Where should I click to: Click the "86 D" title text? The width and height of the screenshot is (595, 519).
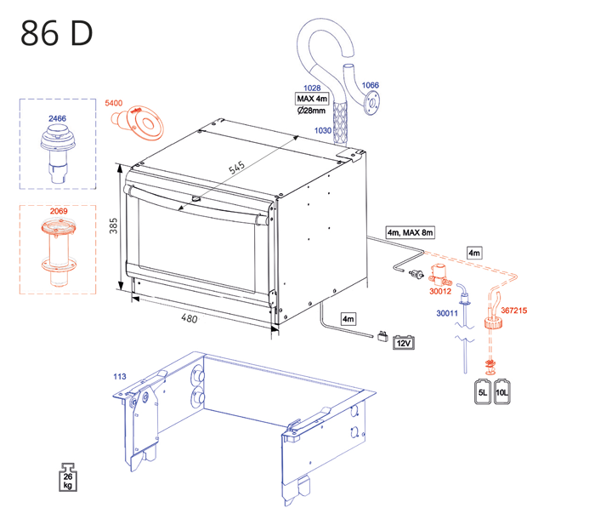click(57, 33)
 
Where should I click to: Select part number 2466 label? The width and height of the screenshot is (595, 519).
click(57, 118)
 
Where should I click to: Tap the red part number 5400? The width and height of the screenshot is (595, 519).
click(114, 103)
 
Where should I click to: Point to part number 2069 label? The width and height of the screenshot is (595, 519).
click(59, 211)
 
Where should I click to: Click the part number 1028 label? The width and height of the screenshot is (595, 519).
click(312, 88)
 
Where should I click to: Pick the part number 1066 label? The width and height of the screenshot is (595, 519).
click(370, 85)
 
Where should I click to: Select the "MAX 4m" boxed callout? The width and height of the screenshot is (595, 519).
click(312, 99)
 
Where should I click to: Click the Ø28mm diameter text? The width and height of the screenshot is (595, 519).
click(311, 111)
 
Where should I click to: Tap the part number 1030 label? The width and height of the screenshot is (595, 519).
click(323, 130)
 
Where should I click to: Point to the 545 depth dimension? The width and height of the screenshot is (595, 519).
click(236, 168)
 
